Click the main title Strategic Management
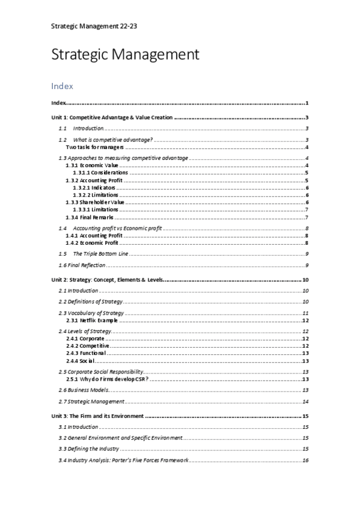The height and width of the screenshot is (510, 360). tap(125, 55)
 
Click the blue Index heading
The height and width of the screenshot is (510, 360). tap(63, 87)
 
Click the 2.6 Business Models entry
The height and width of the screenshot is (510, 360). tap(83, 390)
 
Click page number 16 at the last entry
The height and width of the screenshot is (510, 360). tap(306, 460)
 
